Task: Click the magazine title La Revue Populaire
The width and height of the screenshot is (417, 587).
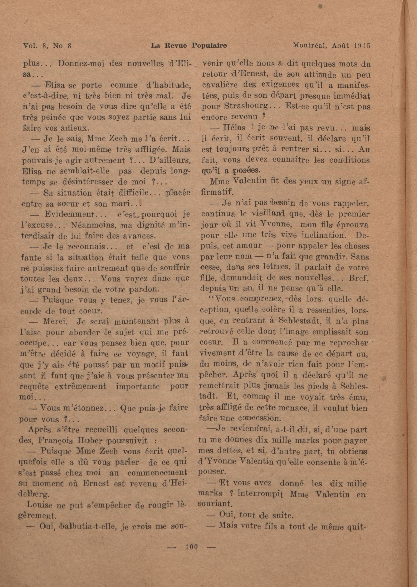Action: tap(189, 46)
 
